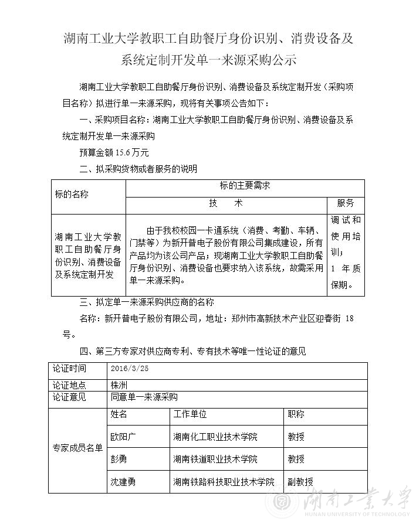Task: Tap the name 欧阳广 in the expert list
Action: (123, 437)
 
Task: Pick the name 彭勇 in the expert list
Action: (119, 459)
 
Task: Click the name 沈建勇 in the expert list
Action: (123, 482)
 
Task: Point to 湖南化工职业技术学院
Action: (215, 437)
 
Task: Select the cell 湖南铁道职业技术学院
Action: (215, 459)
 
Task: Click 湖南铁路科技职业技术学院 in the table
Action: (224, 482)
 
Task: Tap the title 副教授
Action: (300, 482)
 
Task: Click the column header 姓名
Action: (119, 414)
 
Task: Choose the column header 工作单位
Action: (190, 414)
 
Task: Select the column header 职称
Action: (296, 414)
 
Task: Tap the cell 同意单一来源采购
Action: (144, 397)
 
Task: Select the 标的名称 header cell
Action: (72, 195)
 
